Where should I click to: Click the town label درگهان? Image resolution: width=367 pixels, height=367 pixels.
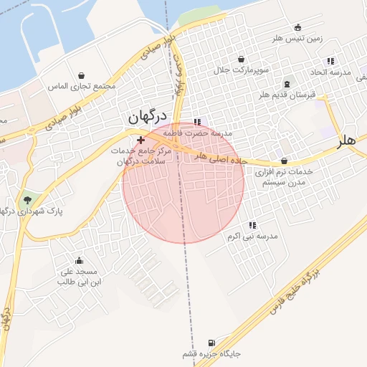pos(147,116)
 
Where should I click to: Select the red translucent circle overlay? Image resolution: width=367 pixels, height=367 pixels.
pos(183,183)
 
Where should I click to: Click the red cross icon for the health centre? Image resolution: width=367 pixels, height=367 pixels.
pos(140,140)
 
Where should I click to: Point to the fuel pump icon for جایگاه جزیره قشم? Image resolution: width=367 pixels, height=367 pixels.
pos(211,343)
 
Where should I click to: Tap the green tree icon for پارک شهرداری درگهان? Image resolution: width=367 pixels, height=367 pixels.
pos(27,199)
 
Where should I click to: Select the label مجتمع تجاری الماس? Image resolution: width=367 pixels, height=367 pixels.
pos(81,86)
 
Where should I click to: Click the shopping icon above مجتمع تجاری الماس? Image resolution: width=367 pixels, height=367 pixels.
pos(81,75)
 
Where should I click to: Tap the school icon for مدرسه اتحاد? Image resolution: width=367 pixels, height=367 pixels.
pos(330,62)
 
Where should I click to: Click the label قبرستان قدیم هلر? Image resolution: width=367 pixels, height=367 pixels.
pos(287,95)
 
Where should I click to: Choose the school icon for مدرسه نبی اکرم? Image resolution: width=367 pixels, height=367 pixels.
pos(252,225)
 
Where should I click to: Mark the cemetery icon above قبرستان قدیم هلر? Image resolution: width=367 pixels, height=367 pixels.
pos(287,84)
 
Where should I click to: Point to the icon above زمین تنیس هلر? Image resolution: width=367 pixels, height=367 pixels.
pos(298,28)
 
